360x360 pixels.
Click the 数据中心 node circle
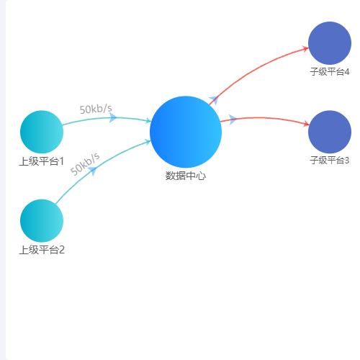(186, 132)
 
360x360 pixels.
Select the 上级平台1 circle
(42, 132)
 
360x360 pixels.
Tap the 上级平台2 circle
(42, 221)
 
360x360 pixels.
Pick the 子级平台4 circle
(330, 43)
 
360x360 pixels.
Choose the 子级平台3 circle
(330, 132)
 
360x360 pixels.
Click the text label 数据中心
(186, 176)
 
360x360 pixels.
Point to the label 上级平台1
(42, 161)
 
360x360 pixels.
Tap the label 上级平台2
(42, 250)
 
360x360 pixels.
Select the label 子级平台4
(330, 72)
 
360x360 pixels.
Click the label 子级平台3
(330, 160)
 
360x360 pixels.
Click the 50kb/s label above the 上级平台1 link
(96, 109)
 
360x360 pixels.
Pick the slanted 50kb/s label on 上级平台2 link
(85, 164)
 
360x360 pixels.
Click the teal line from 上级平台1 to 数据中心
(107, 118)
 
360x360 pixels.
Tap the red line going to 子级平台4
(254, 70)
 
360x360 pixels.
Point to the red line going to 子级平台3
(264, 117)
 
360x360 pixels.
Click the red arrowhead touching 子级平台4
(305, 49)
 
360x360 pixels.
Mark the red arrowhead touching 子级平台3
(306, 124)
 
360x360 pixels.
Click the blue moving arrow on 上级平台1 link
(113, 117)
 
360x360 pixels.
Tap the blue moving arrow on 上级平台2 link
(92, 171)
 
